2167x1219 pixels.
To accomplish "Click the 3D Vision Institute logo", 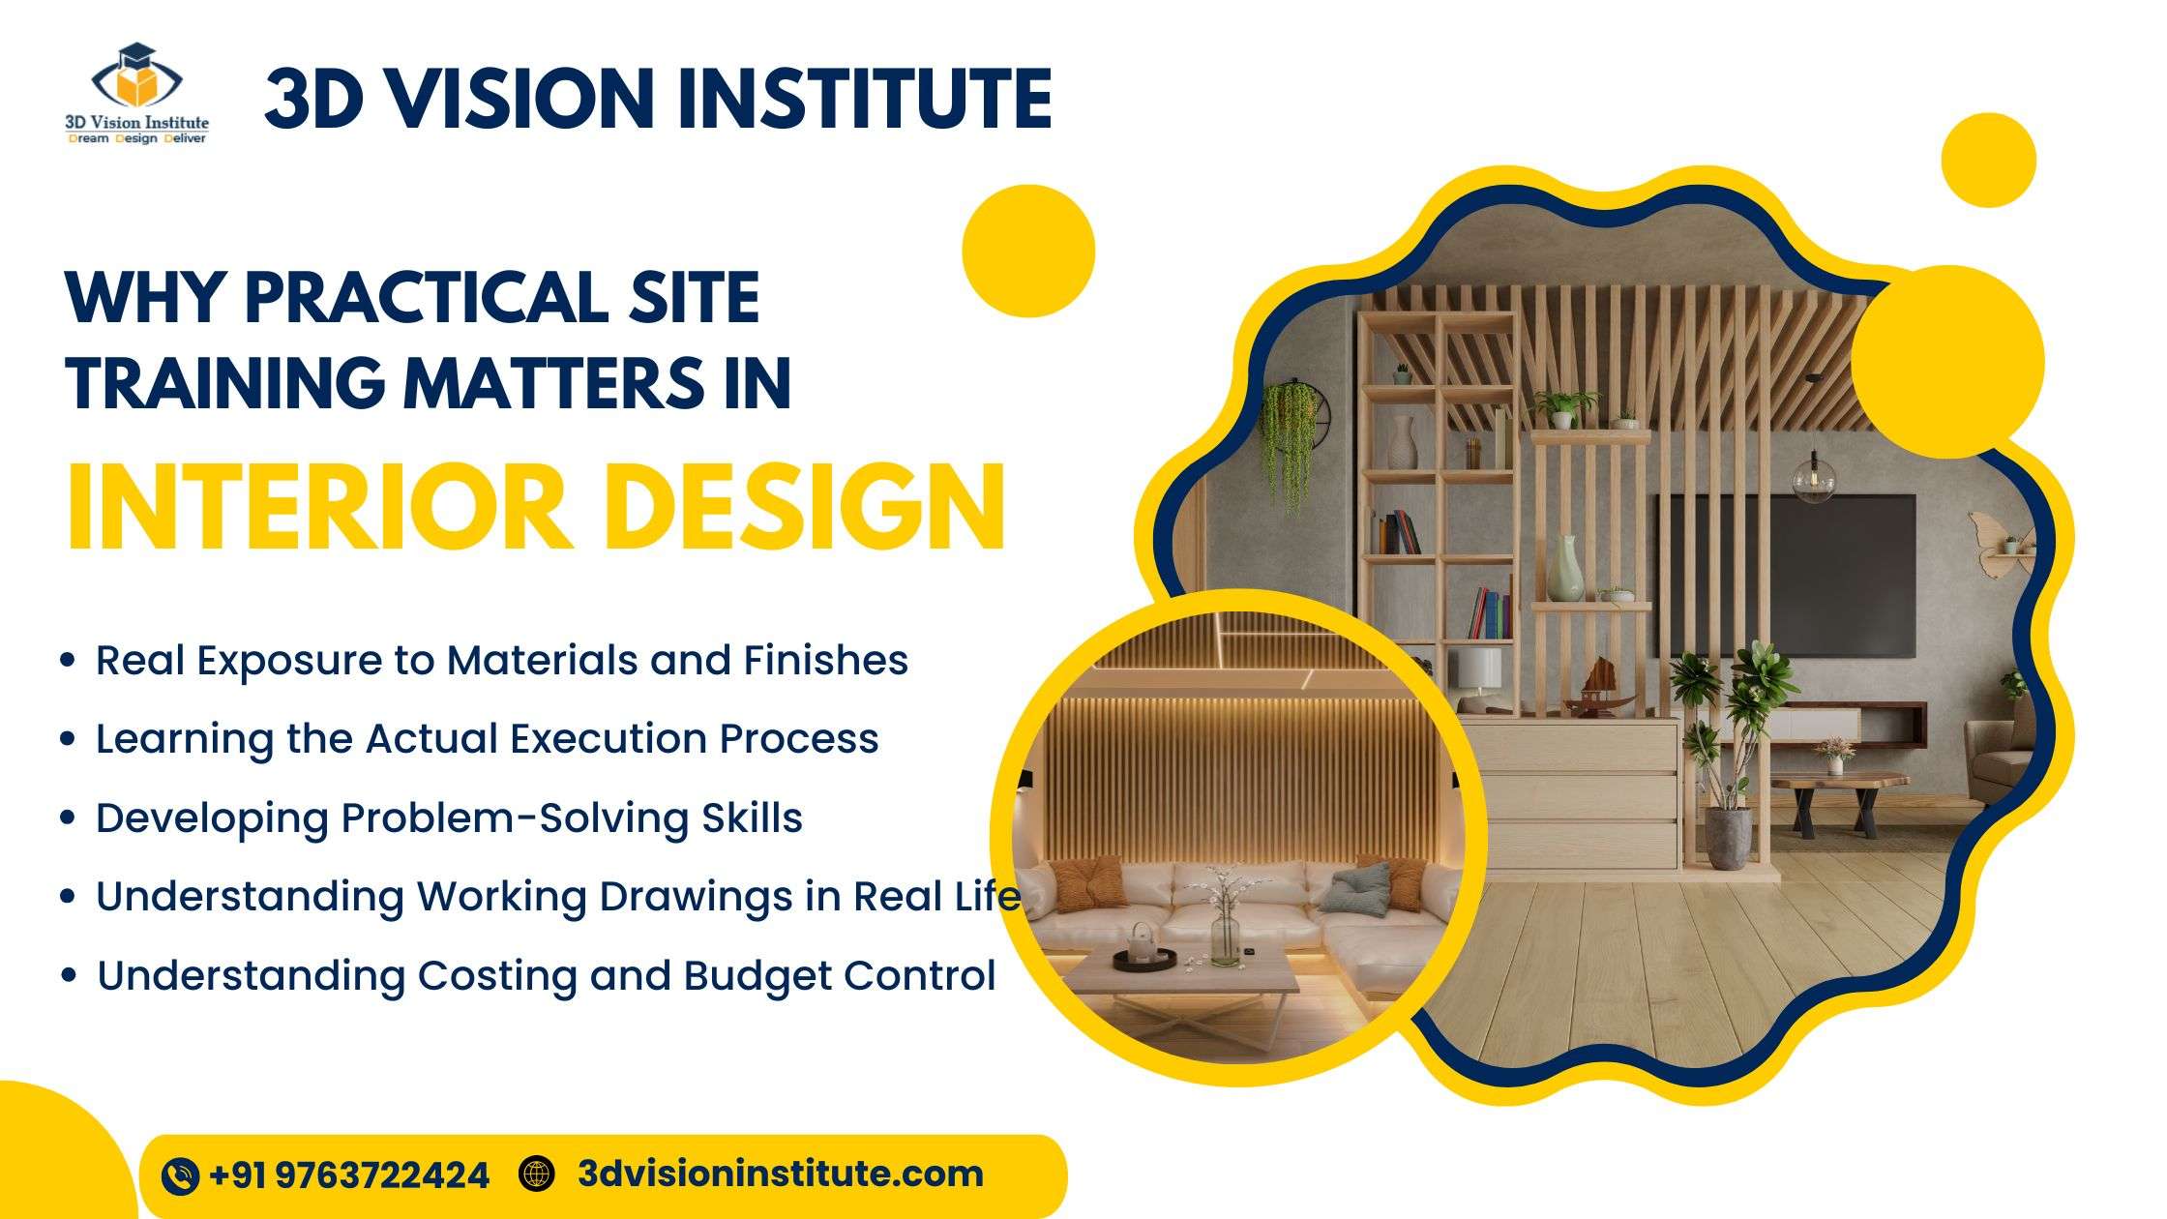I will click(x=136, y=93).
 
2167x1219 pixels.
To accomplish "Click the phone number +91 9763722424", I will click(x=349, y=1175).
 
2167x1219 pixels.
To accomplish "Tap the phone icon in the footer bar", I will click(x=180, y=1175).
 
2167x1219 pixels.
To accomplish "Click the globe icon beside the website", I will click(x=537, y=1174).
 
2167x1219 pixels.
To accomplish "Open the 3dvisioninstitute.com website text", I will click(x=780, y=1174).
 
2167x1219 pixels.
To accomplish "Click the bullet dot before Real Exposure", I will click(x=67, y=661).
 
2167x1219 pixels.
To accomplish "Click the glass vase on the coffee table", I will click(x=1224, y=935).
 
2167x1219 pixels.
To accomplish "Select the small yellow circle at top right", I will click(x=1988, y=160).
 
